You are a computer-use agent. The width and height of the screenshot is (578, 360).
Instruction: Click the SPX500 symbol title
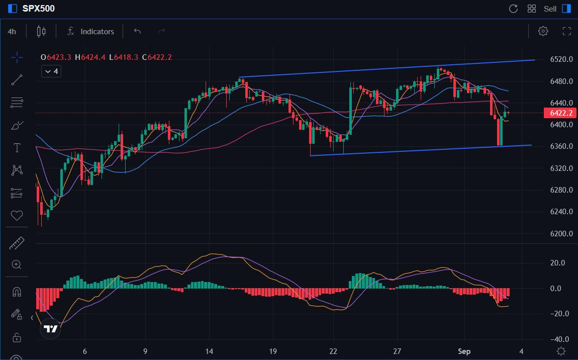[x=39, y=9]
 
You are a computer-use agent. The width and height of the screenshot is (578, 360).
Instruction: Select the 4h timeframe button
[x=12, y=31]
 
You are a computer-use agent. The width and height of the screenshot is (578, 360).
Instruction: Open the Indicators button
[x=91, y=31]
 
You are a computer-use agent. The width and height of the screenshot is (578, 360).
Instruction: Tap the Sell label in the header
[x=550, y=9]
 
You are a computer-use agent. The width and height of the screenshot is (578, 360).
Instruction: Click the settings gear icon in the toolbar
[x=543, y=31]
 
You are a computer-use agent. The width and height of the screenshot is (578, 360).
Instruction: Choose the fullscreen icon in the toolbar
[x=567, y=31]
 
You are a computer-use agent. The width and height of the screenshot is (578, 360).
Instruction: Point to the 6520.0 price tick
[x=561, y=59]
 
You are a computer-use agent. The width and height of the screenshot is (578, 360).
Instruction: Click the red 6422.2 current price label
[x=558, y=113]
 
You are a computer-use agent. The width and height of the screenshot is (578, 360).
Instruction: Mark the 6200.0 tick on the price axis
[x=561, y=234]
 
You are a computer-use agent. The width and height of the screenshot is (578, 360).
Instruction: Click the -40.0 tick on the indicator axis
[x=560, y=339]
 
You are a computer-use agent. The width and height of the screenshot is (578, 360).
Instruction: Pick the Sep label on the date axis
[x=464, y=351]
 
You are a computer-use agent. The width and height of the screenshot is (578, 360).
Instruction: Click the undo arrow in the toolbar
[x=137, y=31]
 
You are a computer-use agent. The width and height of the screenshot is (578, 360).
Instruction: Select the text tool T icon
[x=17, y=147]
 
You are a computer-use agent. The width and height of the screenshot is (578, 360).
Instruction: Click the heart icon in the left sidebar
[x=17, y=215]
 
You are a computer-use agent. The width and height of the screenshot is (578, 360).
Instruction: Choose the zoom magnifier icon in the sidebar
[x=17, y=264]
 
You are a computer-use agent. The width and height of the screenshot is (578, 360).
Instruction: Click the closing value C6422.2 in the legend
[x=157, y=57]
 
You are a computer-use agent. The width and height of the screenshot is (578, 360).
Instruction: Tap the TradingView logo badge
[x=50, y=329]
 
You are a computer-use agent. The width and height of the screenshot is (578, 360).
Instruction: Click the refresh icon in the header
[x=513, y=9]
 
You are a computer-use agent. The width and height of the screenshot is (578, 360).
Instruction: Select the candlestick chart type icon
[x=41, y=31]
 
